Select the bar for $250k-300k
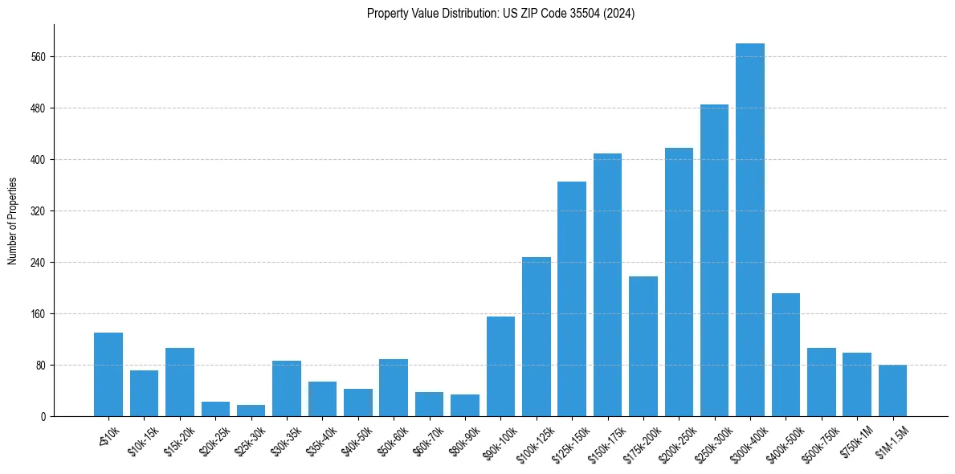point(714,260)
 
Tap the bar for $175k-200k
point(643,346)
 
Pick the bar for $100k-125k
point(536,337)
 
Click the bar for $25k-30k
point(251,411)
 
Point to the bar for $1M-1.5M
point(892,390)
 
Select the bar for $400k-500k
point(786,354)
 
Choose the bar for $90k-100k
point(500,366)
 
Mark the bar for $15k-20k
point(180,382)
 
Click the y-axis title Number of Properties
point(12,220)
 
